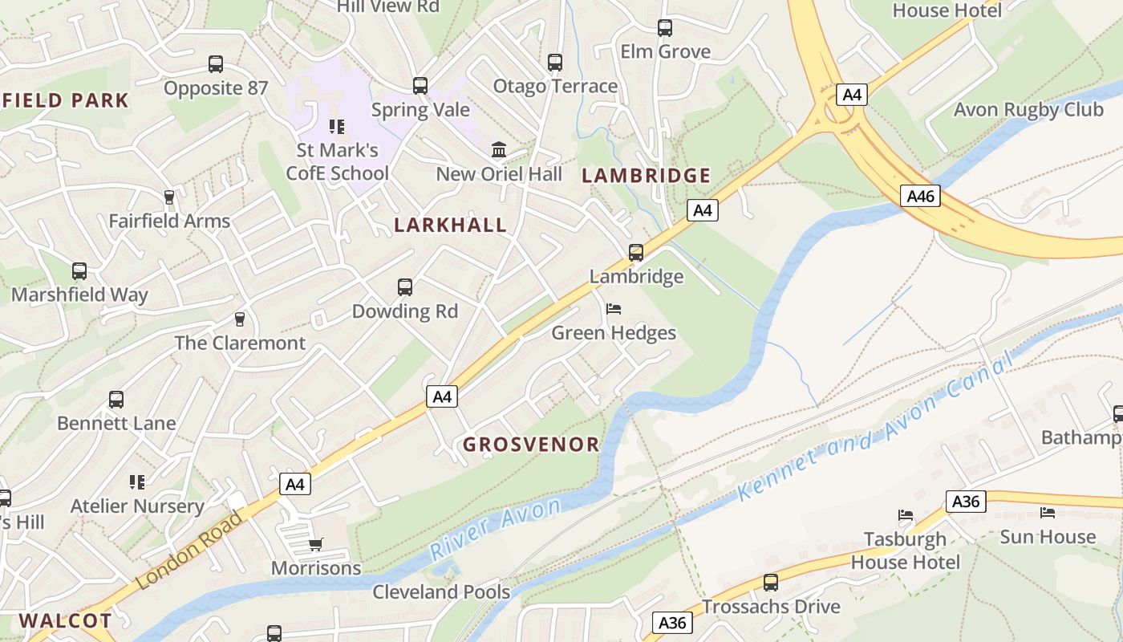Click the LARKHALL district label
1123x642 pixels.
[x=450, y=226]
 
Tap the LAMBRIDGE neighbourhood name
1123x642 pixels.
[x=646, y=176]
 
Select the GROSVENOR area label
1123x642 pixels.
[x=531, y=445]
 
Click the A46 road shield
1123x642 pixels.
[x=919, y=196]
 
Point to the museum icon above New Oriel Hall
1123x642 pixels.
[x=499, y=149]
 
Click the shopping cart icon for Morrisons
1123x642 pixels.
[x=316, y=545]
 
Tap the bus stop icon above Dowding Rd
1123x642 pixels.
[x=405, y=286]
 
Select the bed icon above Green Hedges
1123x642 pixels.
[x=614, y=309]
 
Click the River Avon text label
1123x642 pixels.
[x=496, y=529]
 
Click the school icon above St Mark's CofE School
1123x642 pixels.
[x=337, y=126]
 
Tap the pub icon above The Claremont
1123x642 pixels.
[x=239, y=319]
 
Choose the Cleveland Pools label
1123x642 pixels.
[x=441, y=592]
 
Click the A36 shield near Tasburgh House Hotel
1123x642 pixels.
[x=965, y=502]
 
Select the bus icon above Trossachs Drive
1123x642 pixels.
[x=771, y=582]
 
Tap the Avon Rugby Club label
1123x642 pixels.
[x=1028, y=110]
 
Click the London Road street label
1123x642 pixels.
[x=189, y=551]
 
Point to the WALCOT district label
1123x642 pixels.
[x=66, y=620]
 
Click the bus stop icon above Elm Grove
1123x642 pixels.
[x=665, y=28]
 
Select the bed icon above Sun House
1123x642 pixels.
[x=1048, y=512]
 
